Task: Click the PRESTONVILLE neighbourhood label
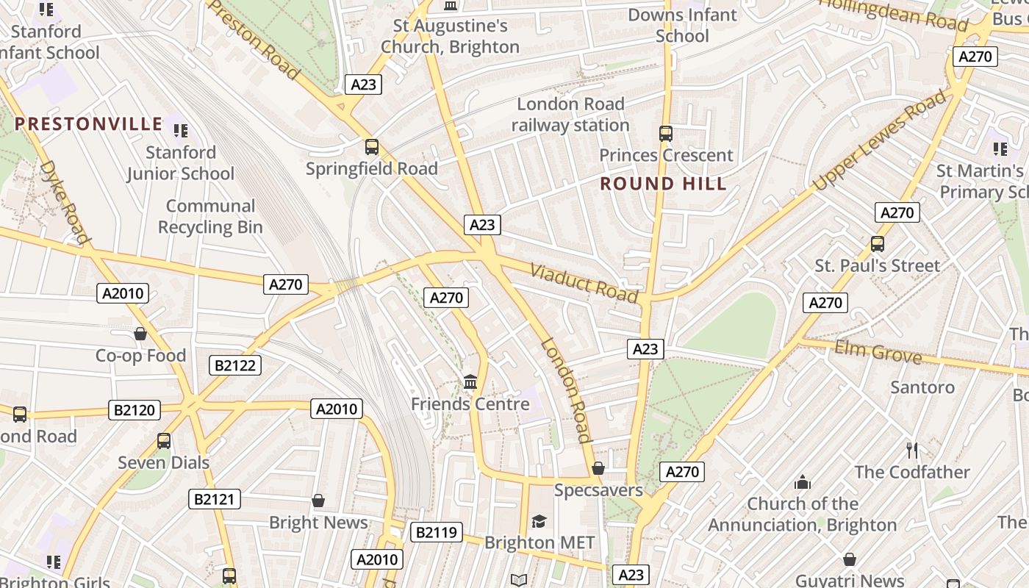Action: (88, 123)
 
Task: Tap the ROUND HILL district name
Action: (663, 184)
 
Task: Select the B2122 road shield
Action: (235, 365)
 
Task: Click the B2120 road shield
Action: (135, 409)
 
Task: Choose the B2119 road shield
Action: (436, 532)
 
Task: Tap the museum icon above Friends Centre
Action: (470, 382)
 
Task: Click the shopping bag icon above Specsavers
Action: (598, 468)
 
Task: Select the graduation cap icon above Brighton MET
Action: (539, 521)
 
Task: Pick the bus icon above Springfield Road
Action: (372, 147)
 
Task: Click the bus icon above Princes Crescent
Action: (666, 134)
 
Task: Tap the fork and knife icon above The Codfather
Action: (912, 450)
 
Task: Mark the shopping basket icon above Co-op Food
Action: (140, 334)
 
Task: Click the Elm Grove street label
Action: (878, 354)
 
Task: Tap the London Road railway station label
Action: (570, 115)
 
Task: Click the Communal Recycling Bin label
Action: (210, 217)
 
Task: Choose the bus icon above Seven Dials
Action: (164, 441)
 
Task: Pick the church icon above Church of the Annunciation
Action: (802, 482)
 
